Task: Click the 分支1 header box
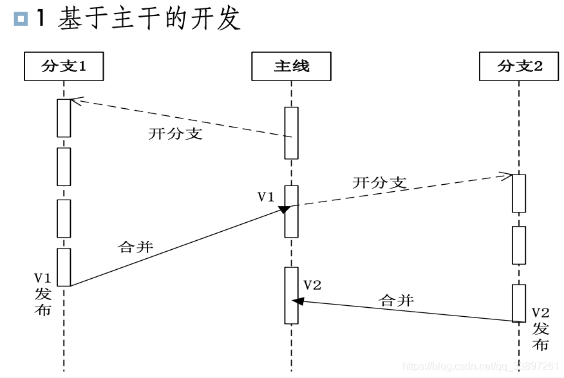click(x=64, y=66)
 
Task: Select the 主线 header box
click(x=292, y=66)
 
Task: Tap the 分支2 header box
click(x=519, y=66)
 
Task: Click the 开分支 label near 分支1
click(x=175, y=134)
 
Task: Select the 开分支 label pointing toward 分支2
click(x=380, y=183)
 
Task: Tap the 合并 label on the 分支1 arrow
click(x=136, y=247)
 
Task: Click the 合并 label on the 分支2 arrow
click(x=397, y=300)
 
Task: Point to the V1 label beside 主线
click(x=266, y=197)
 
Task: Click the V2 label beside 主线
click(x=312, y=285)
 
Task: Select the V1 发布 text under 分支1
click(x=42, y=294)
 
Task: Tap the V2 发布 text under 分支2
click(x=540, y=328)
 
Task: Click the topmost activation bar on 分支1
click(x=64, y=118)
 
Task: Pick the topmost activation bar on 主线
click(x=292, y=133)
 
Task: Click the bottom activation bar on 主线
click(x=292, y=296)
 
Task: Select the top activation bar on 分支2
click(x=519, y=193)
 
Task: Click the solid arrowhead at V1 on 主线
click(x=284, y=209)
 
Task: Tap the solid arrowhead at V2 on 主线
click(x=297, y=301)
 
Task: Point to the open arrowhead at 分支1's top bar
click(x=75, y=100)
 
